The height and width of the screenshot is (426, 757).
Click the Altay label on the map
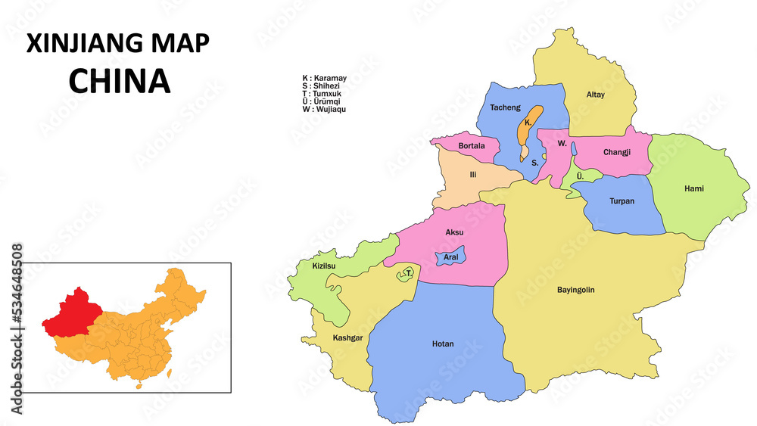point(596,95)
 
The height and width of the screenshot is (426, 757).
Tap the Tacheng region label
point(505,107)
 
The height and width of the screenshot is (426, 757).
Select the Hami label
point(693,188)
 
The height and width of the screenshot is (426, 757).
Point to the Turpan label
point(621,201)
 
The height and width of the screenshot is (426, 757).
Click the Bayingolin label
point(575,290)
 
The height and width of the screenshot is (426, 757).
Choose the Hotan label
point(443,344)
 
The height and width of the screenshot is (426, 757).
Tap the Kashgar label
point(348,337)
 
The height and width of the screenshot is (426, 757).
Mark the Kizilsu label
point(323,266)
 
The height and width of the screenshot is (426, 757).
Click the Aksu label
point(454,232)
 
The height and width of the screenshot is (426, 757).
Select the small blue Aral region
point(451,257)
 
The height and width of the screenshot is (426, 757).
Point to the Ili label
point(473,175)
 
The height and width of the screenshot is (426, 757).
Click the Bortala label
point(472,145)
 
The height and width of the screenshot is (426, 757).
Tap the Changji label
point(617,152)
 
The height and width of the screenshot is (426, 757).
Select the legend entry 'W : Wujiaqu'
point(324,109)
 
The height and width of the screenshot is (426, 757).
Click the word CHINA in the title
point(120,82)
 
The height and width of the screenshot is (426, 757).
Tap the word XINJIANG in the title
point(79,44)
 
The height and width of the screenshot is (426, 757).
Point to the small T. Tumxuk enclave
point(408,273)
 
